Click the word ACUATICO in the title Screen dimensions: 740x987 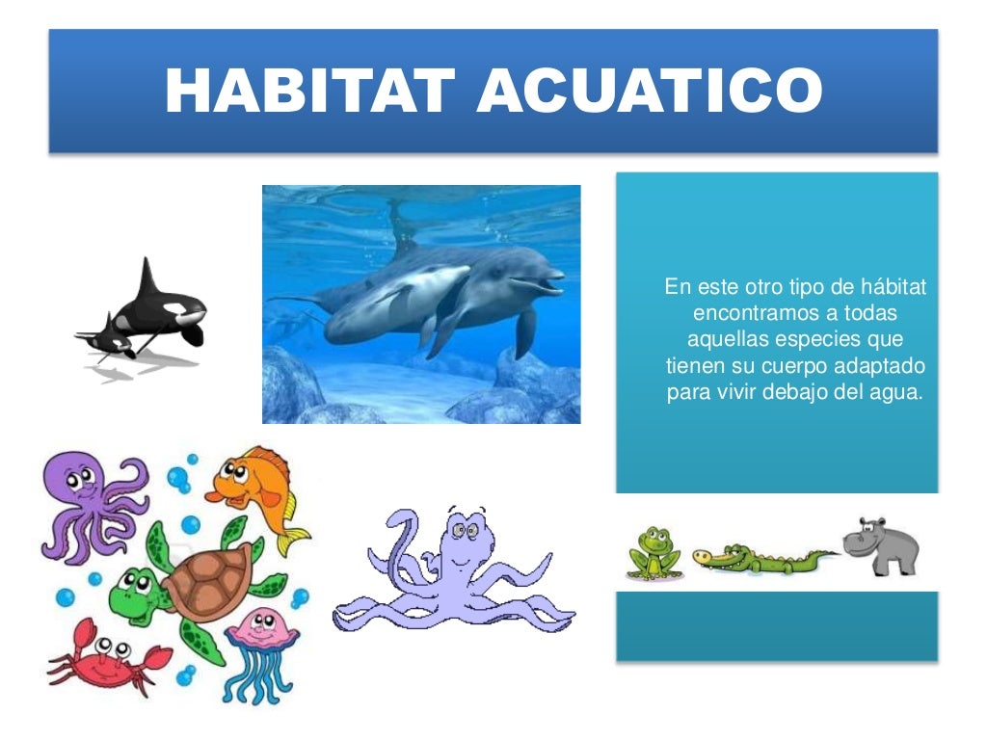click(x=651, y=91)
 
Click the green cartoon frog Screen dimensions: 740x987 click(x=654, y=554)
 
